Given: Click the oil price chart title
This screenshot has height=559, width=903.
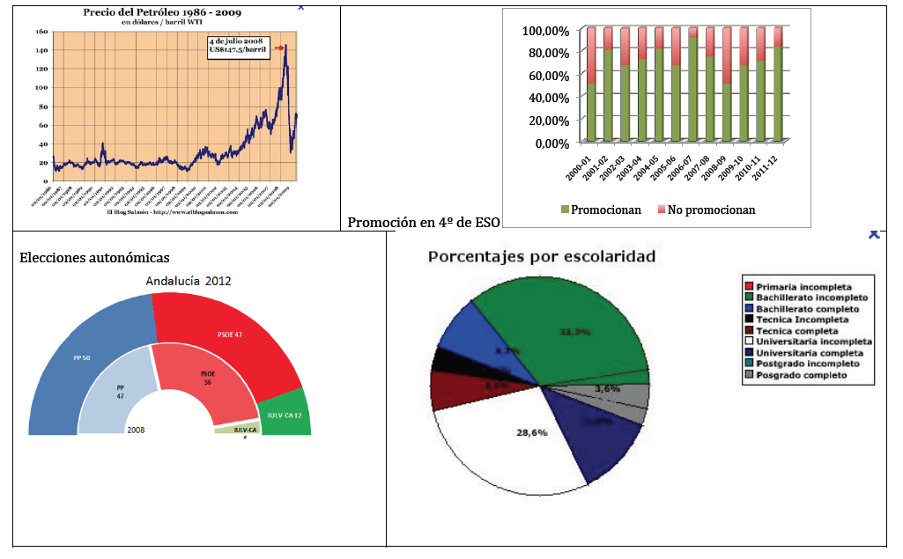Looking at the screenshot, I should coord(162,13).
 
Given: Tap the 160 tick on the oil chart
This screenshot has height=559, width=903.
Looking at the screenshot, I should coord(41,32).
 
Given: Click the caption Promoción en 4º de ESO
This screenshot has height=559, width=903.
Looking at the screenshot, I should coord(423,222).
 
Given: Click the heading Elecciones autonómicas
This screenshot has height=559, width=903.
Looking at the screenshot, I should coord(94,257).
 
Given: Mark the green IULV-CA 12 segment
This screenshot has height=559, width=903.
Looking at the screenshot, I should coord(286,414).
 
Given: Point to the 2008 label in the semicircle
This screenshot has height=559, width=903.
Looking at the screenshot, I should coord(136,430).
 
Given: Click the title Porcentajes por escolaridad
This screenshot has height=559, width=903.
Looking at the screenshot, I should coord(541,257).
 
